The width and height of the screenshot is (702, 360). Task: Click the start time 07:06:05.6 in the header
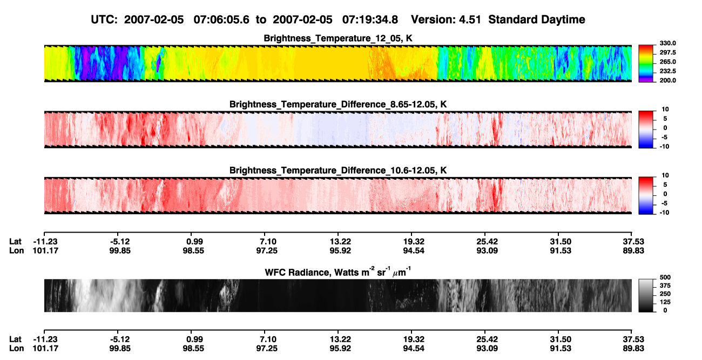point(221,20)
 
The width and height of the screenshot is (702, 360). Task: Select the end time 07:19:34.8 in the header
point(370,20)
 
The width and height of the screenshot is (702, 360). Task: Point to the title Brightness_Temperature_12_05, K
point(338,38)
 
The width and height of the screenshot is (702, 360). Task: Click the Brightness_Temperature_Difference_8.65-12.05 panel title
point(338,104)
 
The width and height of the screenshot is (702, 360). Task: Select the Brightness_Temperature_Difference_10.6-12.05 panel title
point(338,171)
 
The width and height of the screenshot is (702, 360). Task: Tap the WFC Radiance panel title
point(338,272)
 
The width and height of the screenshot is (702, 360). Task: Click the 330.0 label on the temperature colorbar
point(667,43)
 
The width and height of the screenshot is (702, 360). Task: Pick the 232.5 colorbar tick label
point(667,71)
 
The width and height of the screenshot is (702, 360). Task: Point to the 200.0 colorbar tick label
point(667,80)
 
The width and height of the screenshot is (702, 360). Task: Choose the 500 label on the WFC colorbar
point(665,277)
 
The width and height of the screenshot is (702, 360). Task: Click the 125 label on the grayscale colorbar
point(665,302)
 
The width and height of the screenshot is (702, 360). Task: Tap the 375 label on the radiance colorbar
point(665,286)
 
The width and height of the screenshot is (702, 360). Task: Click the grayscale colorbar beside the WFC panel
point(646,295)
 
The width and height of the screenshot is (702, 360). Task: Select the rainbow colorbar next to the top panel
point(646,64)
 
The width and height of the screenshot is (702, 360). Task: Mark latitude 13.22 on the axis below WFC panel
point(340,339)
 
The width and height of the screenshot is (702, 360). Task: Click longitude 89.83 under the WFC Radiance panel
point(633,349)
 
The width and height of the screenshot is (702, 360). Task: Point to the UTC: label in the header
point(104,20)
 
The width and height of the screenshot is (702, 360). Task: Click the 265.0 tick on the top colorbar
point(667,62)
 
